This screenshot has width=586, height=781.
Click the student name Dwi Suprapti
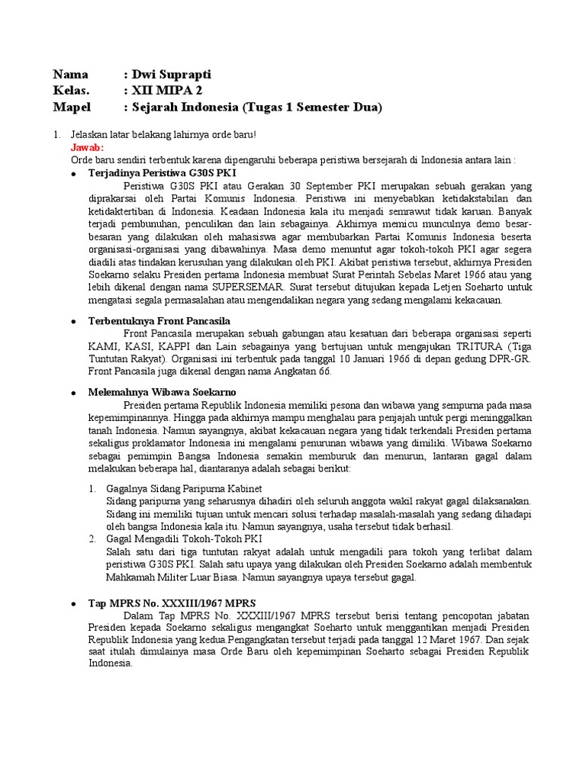172,74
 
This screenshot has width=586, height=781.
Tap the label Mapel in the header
72,108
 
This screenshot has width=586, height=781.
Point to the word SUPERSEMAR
247,288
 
